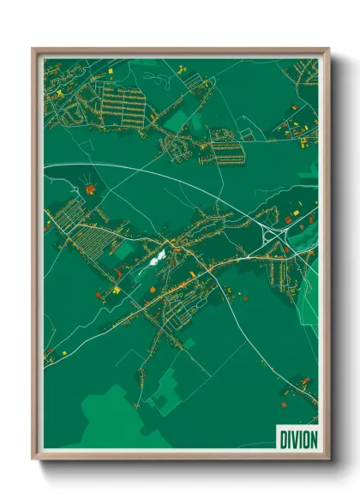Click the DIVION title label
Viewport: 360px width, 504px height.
[x=296, y=438]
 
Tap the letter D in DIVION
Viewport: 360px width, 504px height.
[x=282, y=438]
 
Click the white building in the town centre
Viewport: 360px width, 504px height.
[x=159, y=255]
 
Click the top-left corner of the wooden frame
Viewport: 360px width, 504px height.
[x=33, y=49]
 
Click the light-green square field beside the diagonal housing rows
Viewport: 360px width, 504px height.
[x=125, y=249]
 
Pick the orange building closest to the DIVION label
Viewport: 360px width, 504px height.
[x=284, y=399]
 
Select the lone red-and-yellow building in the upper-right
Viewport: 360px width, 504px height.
[x=294, y=106]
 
